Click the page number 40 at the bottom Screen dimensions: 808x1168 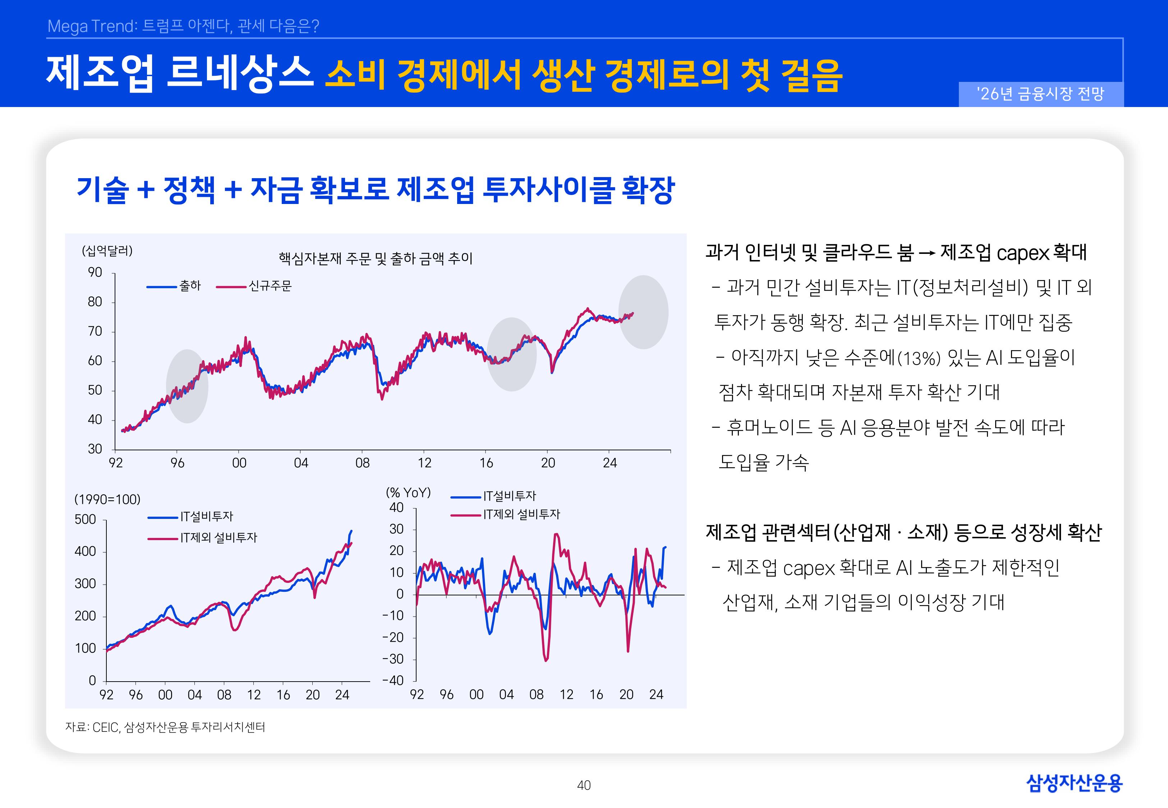tap(584, 785)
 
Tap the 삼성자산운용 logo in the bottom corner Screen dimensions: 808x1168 tap(1074, 783)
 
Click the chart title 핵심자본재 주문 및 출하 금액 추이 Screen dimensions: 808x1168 tap(375, 259)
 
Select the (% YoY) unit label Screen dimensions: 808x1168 tap(408, 493)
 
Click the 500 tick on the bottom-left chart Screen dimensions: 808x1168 tap(85, 519)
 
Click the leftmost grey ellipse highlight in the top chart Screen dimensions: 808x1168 tap(187, 386)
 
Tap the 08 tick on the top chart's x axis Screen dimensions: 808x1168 tap(362, 463)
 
